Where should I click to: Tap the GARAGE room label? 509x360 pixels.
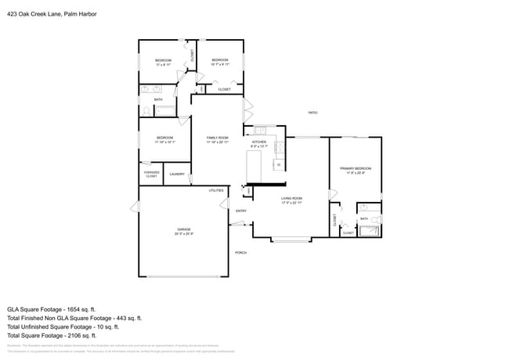click(183, 229)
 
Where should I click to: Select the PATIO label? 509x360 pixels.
click(312, 113)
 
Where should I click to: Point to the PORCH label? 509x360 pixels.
click(241, 253)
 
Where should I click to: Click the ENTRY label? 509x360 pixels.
click(241, 211)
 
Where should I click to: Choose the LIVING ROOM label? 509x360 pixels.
click(292, 199)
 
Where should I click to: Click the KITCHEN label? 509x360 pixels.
click(259, 142)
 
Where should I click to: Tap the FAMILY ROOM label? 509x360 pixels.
click(217, 138)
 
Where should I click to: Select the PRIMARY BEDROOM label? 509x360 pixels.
click(356, 168)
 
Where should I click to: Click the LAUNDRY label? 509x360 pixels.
click(177, 175)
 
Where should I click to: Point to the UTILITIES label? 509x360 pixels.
click(216, 190)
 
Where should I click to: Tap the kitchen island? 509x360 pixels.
click(254, 166)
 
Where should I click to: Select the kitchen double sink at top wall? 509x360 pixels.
click(260, 130)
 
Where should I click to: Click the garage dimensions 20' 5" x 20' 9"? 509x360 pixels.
click(183, 234)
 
